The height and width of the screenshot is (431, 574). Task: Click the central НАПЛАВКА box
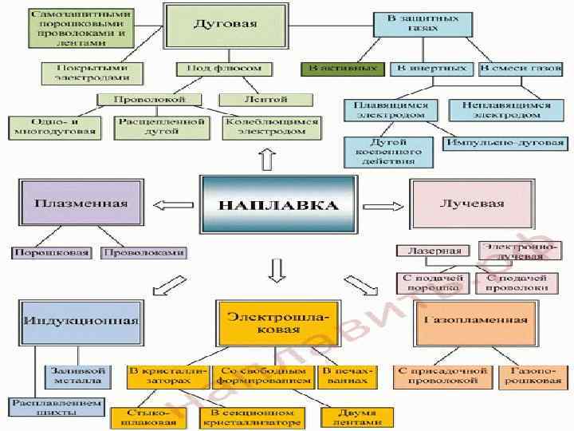coord(278,205)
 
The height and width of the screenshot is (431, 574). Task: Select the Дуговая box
coord(225,25)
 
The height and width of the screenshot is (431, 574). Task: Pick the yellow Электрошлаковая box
coord(262,322)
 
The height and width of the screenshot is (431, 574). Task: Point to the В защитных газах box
coord(412,22)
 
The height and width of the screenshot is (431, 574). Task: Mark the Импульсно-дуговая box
coord(504,143)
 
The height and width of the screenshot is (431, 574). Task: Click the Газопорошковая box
coord(530,376)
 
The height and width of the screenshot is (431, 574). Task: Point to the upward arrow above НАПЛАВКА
coord(266,159)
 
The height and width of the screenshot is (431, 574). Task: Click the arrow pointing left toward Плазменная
coord(169,207)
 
